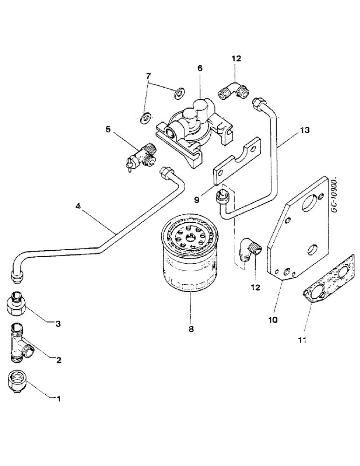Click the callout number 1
pos(59,398)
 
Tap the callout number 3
pos(59,323)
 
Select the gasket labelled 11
pos(326,287)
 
